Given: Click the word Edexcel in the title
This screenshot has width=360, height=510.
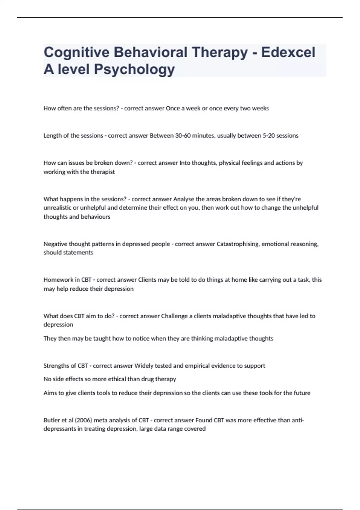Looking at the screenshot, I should tap(288, 52).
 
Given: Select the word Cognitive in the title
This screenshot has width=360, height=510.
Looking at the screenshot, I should tap(76, 52).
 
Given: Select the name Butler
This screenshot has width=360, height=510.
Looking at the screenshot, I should tap(52, 420).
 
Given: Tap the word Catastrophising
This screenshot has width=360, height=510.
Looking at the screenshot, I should tap(238, 244).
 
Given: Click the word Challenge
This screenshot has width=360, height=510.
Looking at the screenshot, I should tap(174, 316).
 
